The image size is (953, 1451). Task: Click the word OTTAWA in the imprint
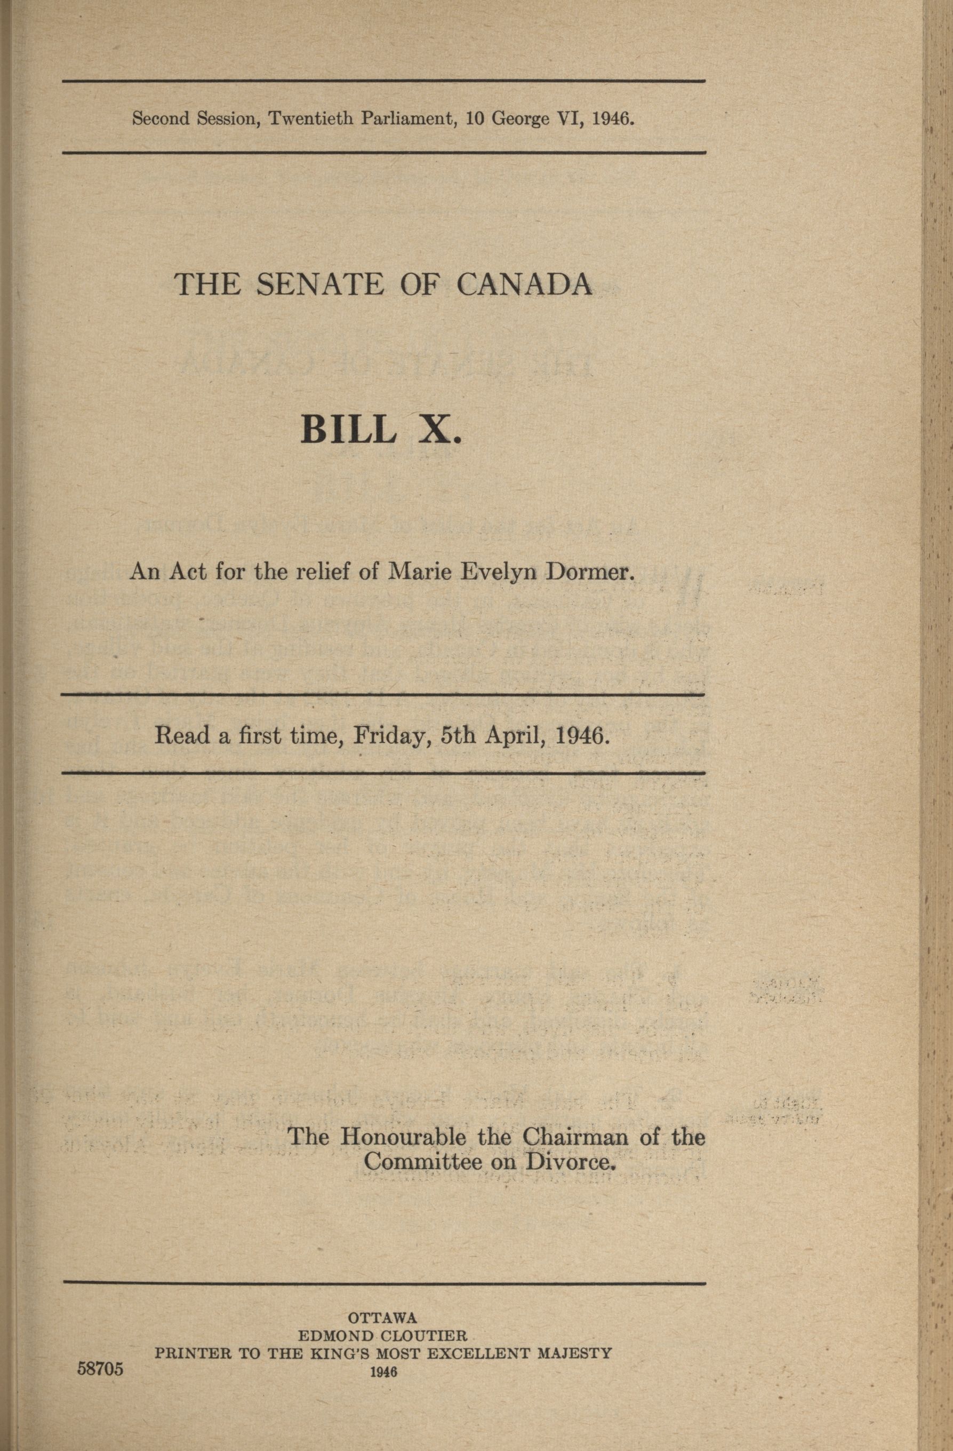pos(381,1317)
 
